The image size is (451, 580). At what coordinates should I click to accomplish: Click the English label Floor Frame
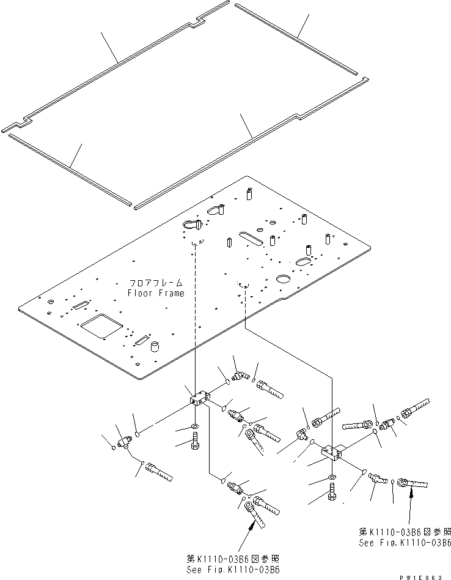tap(155, 293)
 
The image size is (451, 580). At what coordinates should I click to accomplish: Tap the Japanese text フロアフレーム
tap(156, 284)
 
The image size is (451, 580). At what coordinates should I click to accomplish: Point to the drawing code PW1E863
tap(424, 576)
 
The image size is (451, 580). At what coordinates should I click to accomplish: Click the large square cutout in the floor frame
tap(101, 324)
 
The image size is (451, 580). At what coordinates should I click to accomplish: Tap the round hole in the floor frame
tap(283, 279)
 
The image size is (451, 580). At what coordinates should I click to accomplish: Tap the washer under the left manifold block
tap(194, 425)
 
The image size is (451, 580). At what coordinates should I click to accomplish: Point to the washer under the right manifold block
tap(331, 476)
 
